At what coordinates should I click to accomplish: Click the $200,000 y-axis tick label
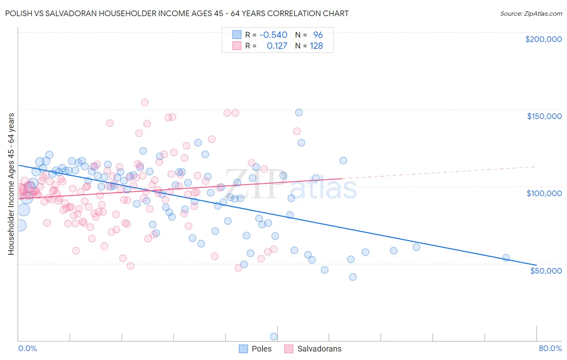tap(543, 39)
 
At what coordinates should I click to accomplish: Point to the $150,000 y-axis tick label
tap(544, 116)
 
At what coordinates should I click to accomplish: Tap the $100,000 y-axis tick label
tap(544, 193)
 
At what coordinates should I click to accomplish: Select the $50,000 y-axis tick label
tap(546, 271)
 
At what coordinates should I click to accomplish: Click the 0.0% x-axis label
tap(27, 348)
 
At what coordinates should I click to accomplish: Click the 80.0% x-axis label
tap(550, 348)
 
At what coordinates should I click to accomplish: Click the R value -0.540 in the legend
tap(273, 35)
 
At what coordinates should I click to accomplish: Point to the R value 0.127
tap(277, 46)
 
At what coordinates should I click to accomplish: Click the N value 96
tap(318, 35)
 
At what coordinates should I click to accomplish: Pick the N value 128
tap(316, 46)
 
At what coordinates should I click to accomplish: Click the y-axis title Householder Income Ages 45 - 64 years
tap(11, 184)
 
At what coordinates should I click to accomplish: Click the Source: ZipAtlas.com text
tap(531, 13)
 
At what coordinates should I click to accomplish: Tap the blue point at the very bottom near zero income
tap(273, 337)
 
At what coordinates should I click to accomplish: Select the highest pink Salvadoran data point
tap(144, 103)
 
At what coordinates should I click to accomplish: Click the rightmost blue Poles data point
tap(506, 258)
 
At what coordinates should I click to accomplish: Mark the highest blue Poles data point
tap(299, 113)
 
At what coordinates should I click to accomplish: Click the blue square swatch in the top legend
tap(237, 35)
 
